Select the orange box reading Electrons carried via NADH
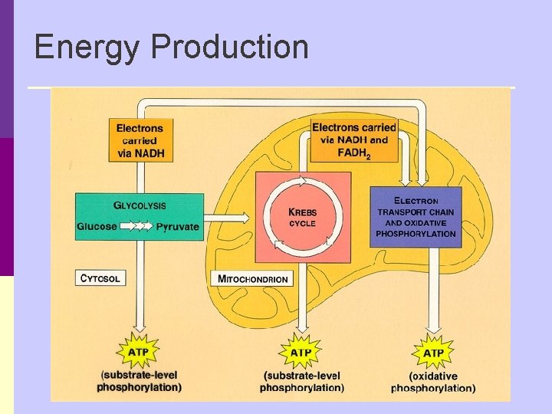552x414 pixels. point(140,140)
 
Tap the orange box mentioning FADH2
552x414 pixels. point(354,140)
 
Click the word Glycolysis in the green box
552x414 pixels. point(140,205)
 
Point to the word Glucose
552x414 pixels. point(97,227)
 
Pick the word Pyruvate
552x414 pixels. point(177,227)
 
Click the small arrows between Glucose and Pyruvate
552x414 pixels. point(137,227)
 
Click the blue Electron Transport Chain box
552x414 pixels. point(416,217)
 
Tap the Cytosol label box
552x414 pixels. point(100,278)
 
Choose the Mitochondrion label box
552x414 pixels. point(253,279)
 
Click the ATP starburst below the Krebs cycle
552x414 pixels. point(301,352)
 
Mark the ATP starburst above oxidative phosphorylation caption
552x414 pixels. point(433,352)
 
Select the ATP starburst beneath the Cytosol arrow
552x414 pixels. point(139,352)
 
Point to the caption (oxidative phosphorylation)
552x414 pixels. point(433,383)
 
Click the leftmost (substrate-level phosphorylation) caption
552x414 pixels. point(140,382)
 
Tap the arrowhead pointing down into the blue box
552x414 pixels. point(422,179)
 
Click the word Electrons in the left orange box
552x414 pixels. point(140,128)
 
